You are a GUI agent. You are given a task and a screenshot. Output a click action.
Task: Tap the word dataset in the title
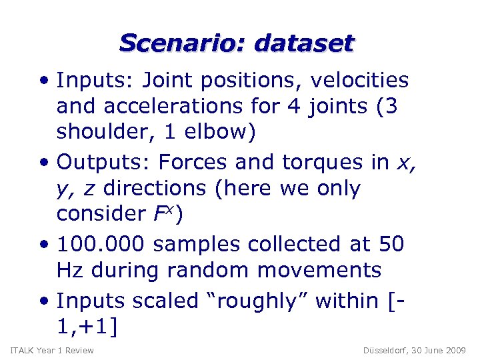pyautogui.click(x=305, y=43)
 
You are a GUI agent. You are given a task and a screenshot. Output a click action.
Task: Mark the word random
pyautogui.click(x=209, y=271)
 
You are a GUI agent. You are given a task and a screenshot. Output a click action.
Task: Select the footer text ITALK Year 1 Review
pyautogui.click(x=52, y=351)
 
